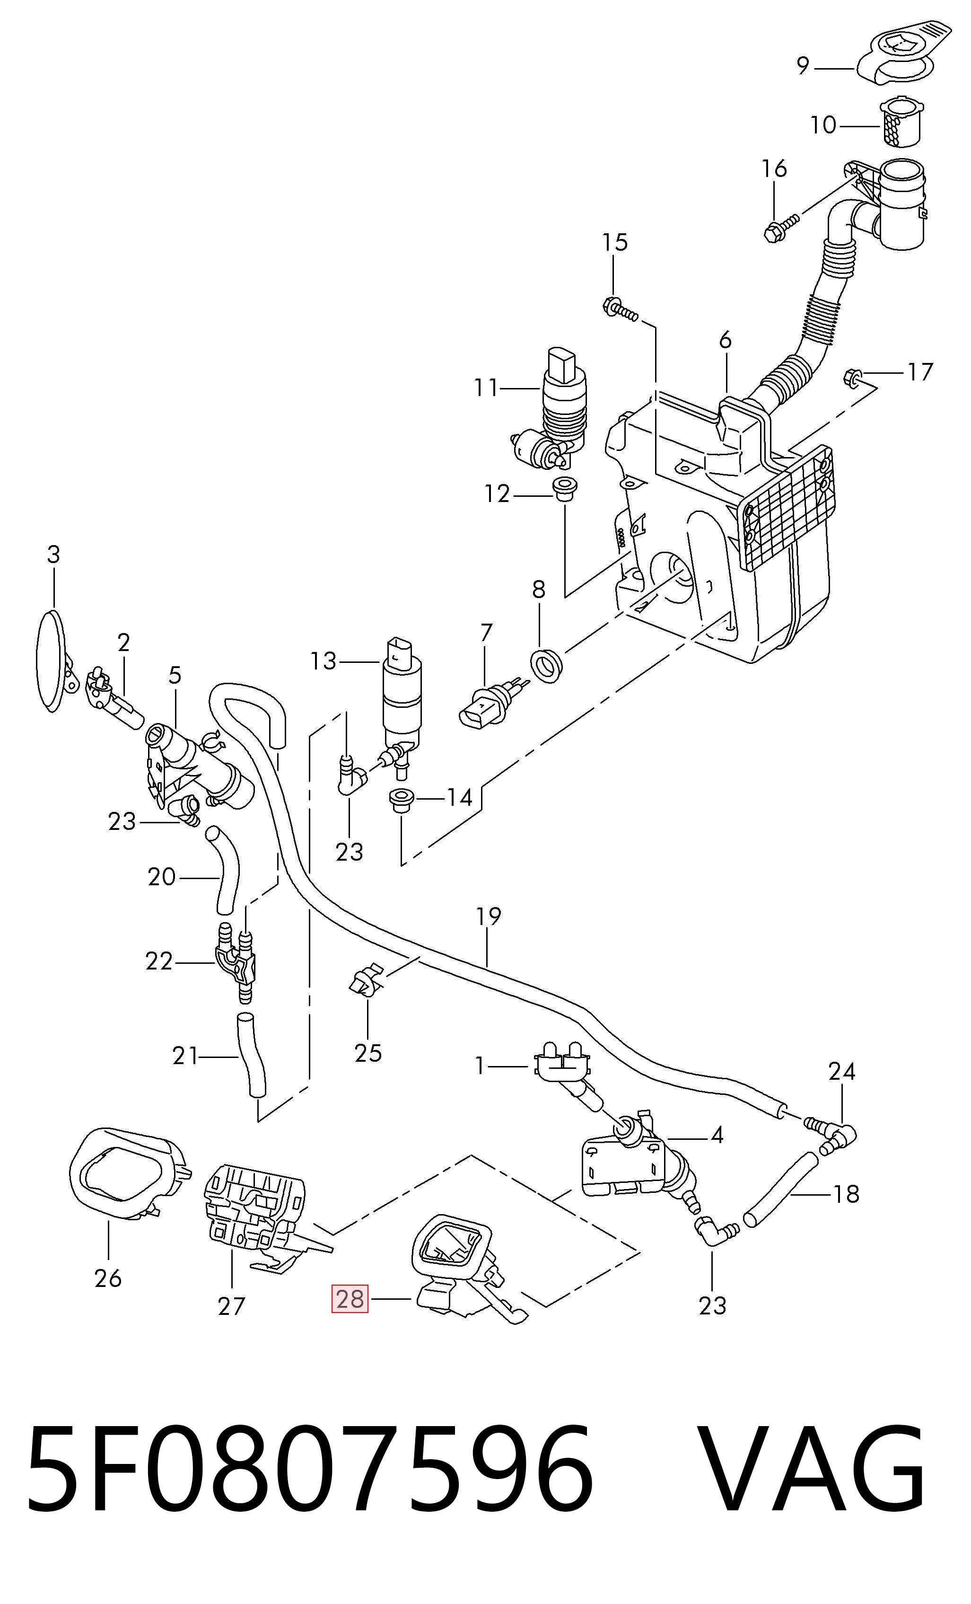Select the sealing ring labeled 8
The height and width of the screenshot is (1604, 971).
coord(547,665)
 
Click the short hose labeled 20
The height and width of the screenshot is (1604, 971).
coord(224,870)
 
